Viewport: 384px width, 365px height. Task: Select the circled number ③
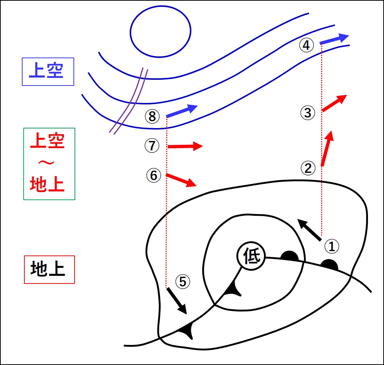pos(308,113)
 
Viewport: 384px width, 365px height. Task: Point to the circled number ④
pos(306,45)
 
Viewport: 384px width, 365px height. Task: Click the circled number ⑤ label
pos(183,281)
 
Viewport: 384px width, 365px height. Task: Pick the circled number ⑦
pos(152,146)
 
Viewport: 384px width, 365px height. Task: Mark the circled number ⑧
pos(152,116)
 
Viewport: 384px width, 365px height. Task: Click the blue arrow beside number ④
pos(335,40)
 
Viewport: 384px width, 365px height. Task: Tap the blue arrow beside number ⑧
pos(181,111)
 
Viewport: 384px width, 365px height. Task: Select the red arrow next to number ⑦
pos(185,146)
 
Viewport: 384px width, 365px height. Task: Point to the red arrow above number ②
pos(327,148)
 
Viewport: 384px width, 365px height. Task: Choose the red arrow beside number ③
pos(334,103)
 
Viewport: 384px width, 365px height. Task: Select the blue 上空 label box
pos(48,72)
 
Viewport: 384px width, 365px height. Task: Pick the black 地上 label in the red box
pos(49,270)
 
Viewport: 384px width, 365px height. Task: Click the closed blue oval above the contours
pos(160,32)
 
